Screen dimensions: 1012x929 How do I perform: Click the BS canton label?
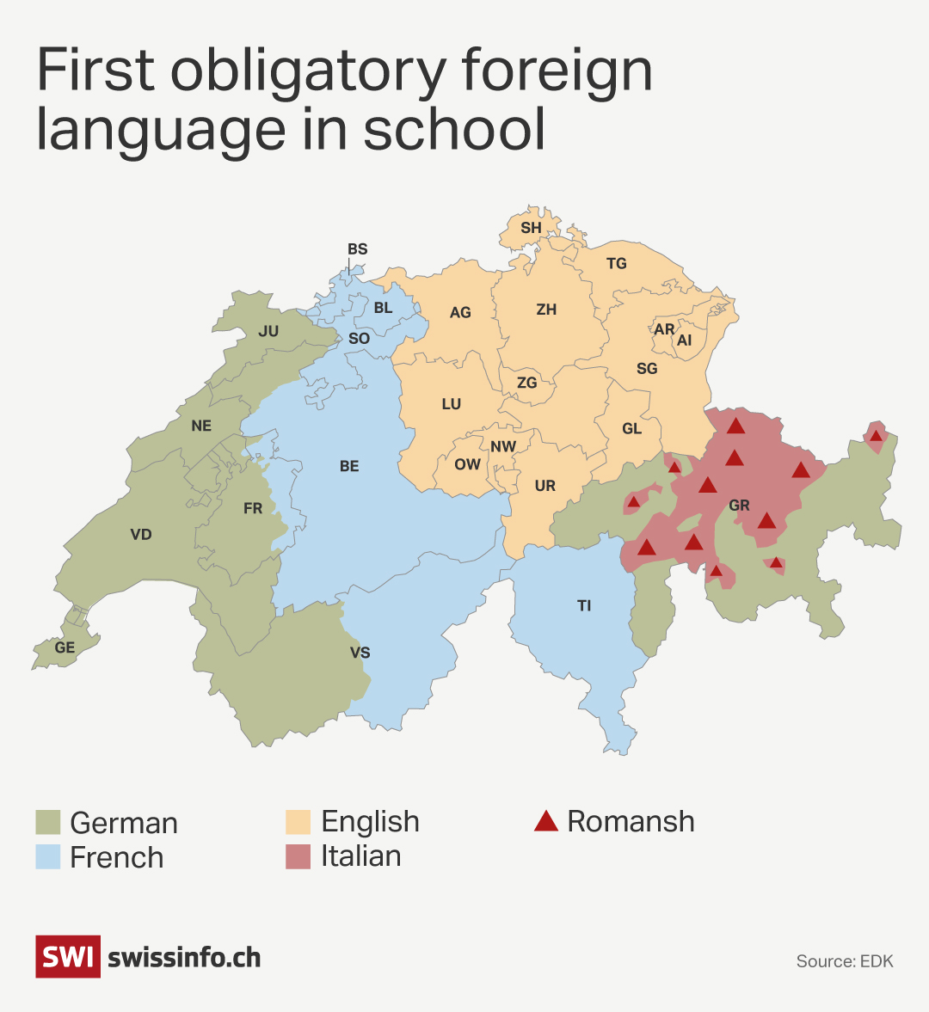coord(357,249)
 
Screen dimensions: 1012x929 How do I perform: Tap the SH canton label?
coord(531,228)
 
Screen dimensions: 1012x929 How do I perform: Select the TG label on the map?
coord(616,264)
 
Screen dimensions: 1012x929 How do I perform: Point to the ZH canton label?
coord(546,310)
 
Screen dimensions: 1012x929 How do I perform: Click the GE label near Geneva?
coord(65,647)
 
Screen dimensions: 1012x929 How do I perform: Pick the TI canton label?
coord(584,606)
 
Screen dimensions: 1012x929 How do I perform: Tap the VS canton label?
coord(360,653)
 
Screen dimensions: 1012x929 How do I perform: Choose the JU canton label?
coord(268,331)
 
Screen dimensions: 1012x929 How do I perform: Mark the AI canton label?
coord(684,340)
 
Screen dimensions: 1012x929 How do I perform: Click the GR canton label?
coord(739,506)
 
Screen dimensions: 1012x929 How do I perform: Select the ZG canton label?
coord(526,383)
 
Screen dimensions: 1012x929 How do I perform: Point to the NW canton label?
coord(503,446)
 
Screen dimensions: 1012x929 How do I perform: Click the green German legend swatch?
coord(48,822)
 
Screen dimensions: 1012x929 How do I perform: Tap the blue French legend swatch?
coord(48,856)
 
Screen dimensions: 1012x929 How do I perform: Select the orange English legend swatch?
coord(298,822)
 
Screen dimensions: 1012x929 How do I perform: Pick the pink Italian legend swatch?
coord(298,856)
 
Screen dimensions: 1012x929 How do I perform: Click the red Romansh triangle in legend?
coord(545,821)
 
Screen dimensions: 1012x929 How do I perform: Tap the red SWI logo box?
coord(67,957)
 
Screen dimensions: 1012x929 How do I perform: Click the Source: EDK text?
coord(845,961)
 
